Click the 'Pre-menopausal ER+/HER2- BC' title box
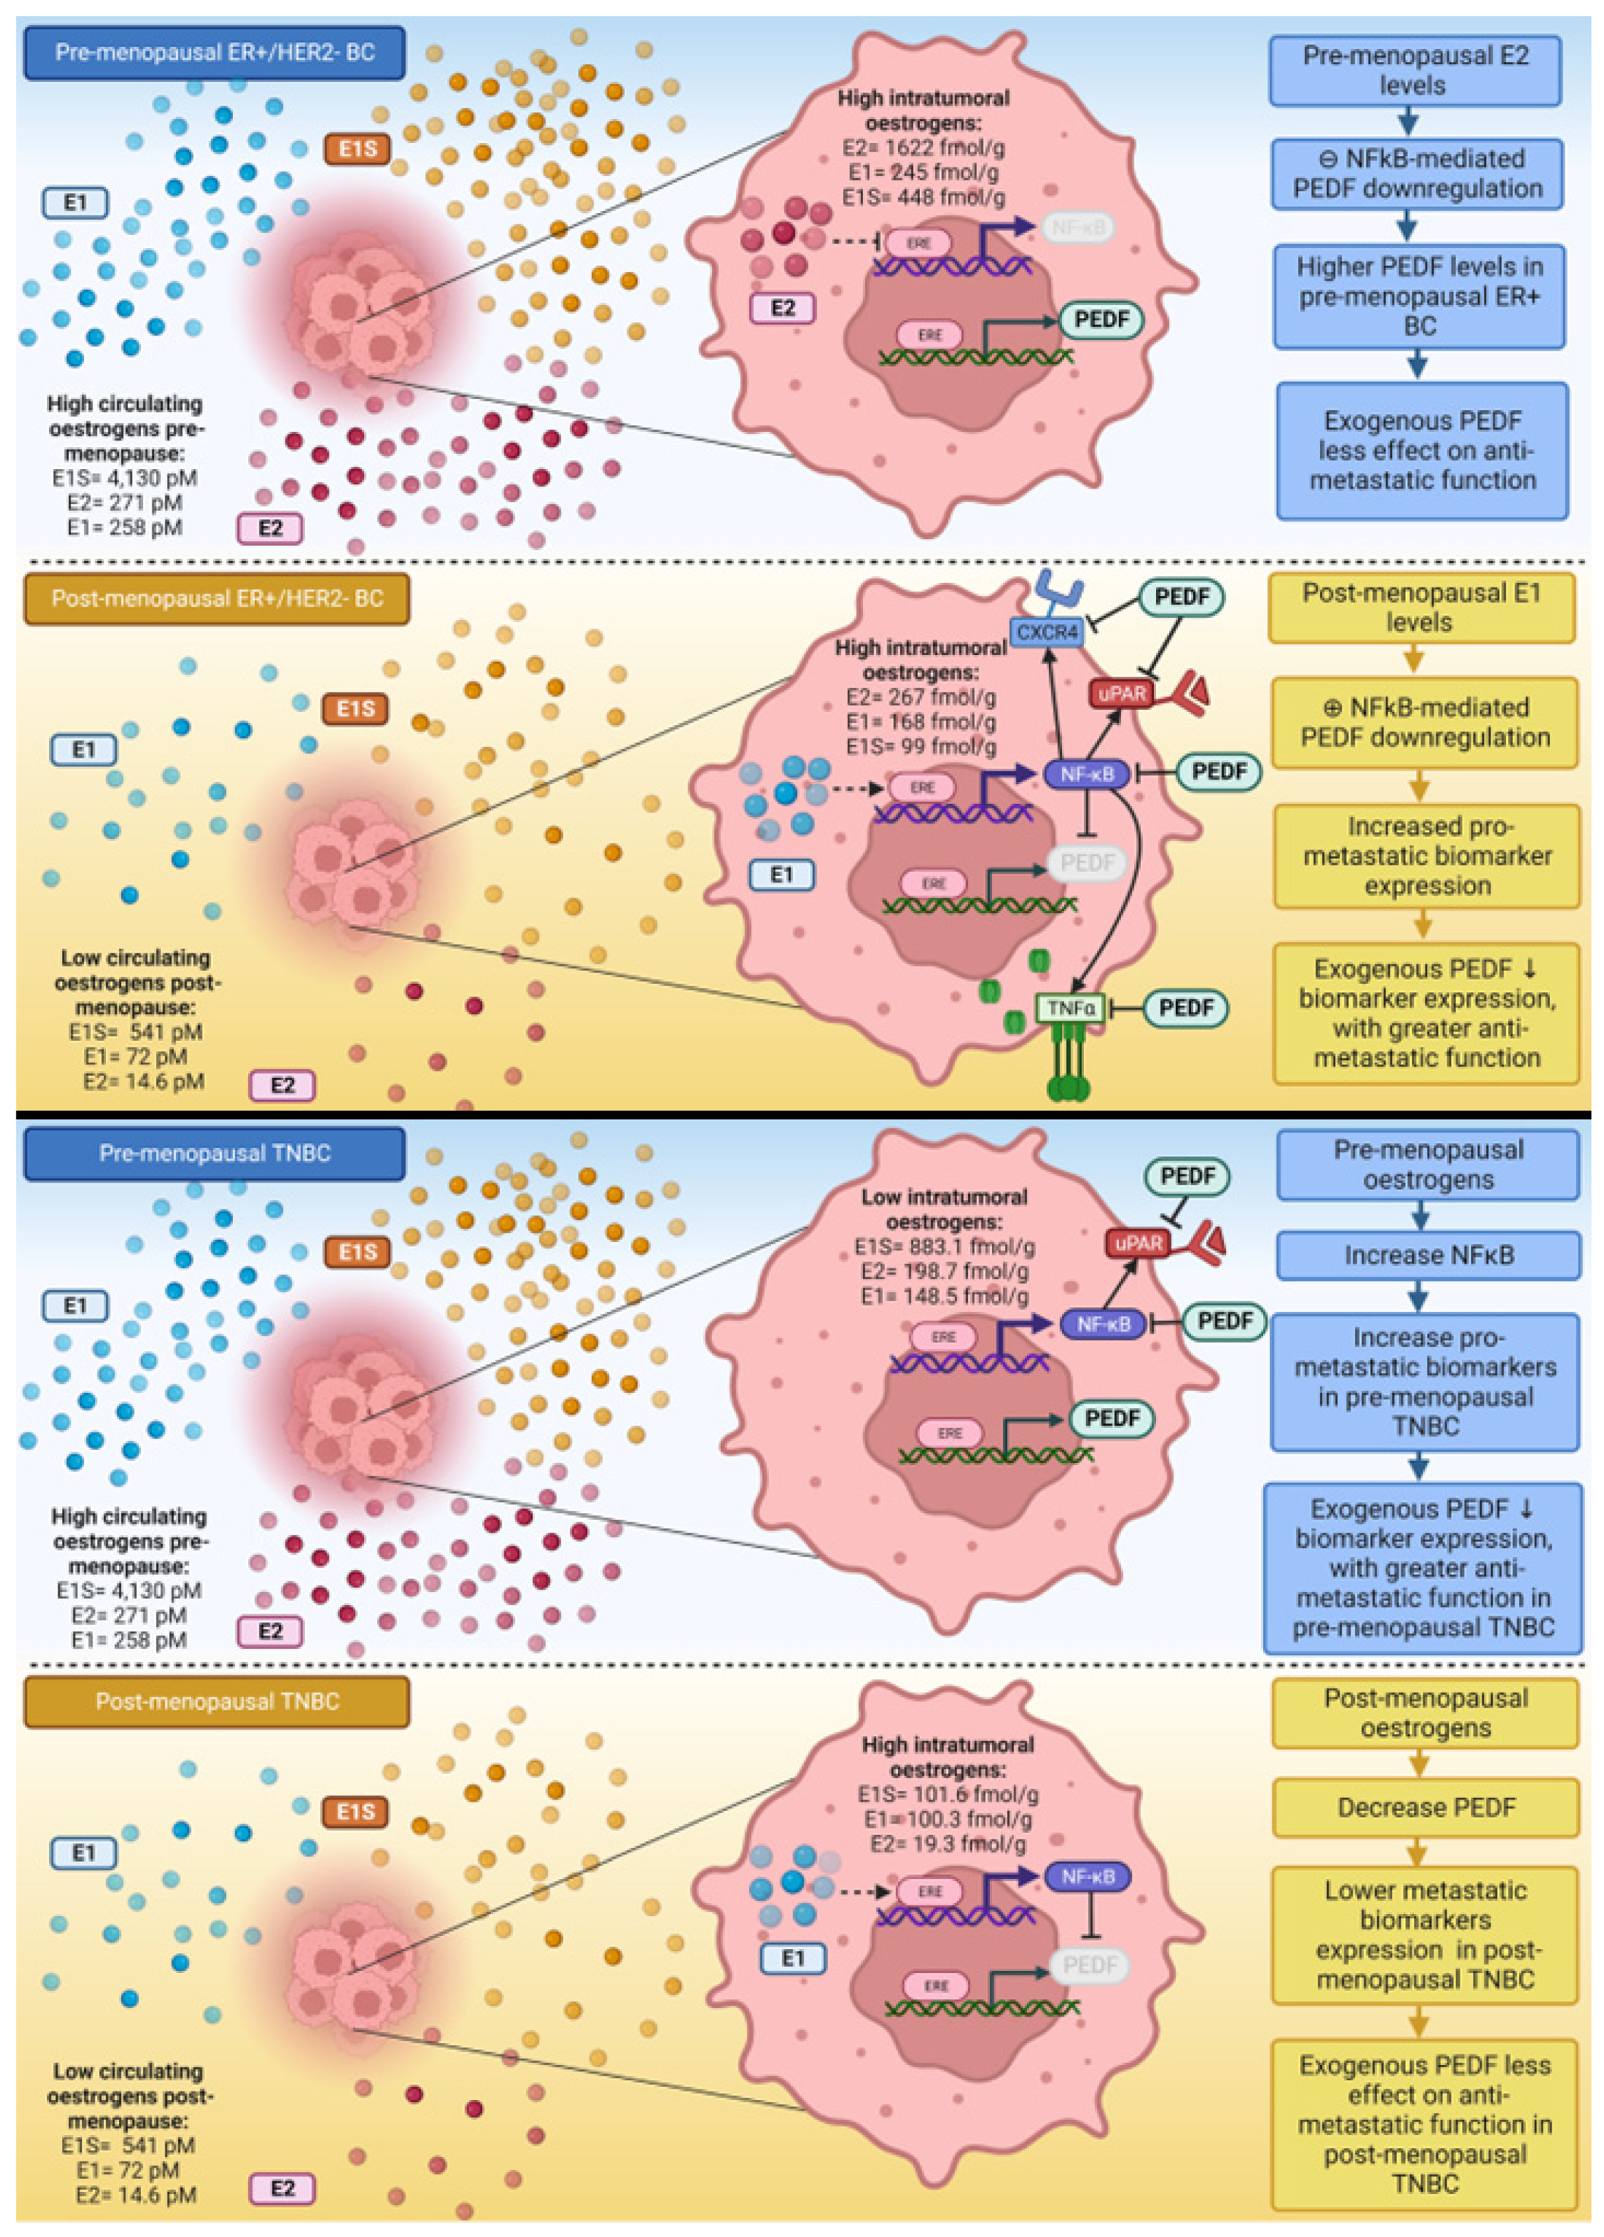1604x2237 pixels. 214,52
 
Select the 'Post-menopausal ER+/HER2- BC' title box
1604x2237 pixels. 216,599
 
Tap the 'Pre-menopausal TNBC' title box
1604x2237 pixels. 214,1153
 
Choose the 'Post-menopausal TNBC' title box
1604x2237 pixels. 216,1702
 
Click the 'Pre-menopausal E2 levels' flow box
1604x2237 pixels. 1415,70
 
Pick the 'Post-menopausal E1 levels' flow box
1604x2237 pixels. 1421,607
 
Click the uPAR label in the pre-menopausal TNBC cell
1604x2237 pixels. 1137,1243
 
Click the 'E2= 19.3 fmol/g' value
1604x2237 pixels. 947,1843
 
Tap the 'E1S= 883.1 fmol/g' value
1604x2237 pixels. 945,1247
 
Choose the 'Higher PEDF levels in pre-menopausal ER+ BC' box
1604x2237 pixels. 1419,296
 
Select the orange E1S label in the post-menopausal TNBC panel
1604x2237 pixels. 355,1812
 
